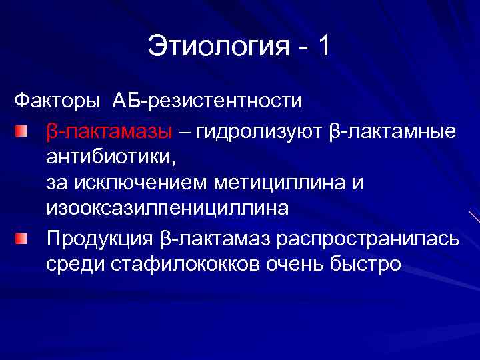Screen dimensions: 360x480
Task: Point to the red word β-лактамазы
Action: pyautogui.click(x=109, y=131)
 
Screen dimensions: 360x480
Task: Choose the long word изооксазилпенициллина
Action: pyautogui.click(x=167, y=208)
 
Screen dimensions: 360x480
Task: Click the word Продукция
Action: pyautogui.click(x=100, y=238)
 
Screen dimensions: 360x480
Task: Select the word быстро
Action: pyautogui.click(x=365, y=264)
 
